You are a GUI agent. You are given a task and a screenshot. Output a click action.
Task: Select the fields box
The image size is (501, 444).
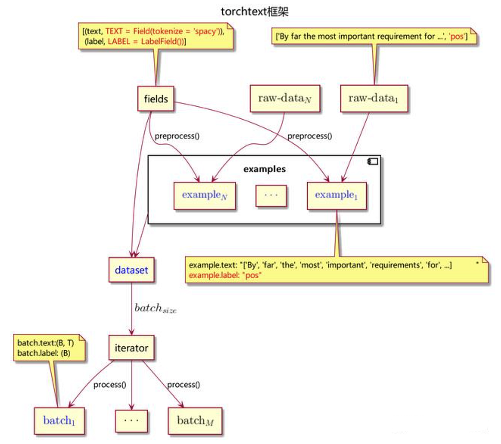coord(155,99)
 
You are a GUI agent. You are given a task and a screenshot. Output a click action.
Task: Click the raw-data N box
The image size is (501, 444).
coord(285,98)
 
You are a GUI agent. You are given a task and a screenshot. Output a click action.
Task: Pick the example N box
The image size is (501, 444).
coord(204,195)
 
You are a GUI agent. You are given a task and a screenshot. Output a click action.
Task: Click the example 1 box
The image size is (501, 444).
coord(336,195)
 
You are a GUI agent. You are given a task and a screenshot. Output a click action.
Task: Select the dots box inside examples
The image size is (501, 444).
coord(271,195)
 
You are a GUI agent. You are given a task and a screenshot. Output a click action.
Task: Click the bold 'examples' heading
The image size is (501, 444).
coord(265,169)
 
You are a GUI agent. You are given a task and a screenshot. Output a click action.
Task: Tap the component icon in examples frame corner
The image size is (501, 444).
coord(372,161)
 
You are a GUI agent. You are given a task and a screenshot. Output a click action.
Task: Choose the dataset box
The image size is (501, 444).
coord(131,270)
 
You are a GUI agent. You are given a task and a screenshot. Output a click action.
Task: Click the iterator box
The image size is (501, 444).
coord(131,348)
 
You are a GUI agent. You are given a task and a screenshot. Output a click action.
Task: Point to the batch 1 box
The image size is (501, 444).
coord(59,420)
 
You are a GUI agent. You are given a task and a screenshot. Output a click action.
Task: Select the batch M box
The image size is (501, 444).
coord(194,420)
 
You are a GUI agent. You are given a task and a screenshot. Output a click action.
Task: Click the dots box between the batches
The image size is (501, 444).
coord(131,420)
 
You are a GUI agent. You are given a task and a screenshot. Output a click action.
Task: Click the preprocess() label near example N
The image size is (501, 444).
coord(177,135)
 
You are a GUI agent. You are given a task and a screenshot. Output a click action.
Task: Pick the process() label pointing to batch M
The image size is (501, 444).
coord(183,385)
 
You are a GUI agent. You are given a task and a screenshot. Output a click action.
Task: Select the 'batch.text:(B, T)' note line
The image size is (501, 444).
coord(46,344)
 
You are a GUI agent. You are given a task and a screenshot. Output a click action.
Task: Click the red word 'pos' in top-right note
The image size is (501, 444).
coord(457,37)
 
